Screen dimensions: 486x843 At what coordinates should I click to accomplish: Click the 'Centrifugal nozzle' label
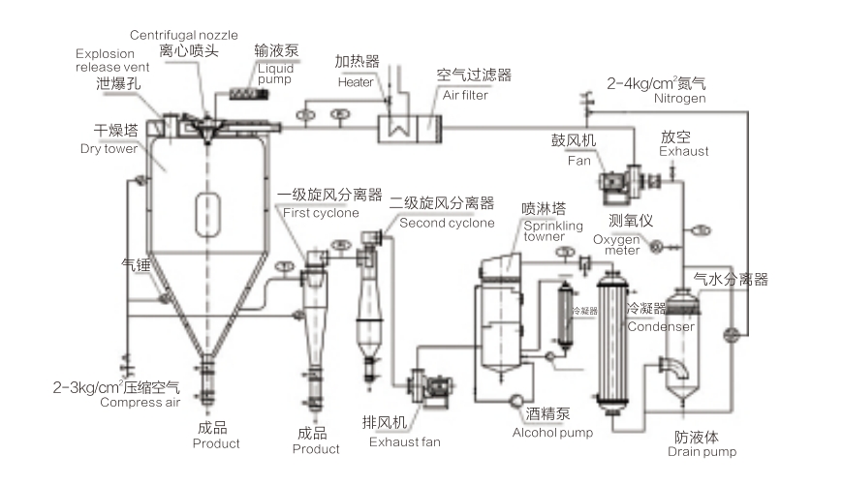pos(183,36)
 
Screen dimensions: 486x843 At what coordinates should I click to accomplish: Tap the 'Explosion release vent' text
pos(111,60)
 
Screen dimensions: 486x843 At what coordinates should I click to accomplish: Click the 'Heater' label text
pos(356,82)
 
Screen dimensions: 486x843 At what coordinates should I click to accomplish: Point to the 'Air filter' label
pos(465,95)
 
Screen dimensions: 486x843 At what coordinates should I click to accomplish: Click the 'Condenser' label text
pos(661,326)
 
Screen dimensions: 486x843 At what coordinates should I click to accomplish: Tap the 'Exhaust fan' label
pos(404,442)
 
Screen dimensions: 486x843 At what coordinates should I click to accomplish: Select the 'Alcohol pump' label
pos(552,433)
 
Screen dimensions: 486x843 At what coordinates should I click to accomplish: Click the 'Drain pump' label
pos(702,452)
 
